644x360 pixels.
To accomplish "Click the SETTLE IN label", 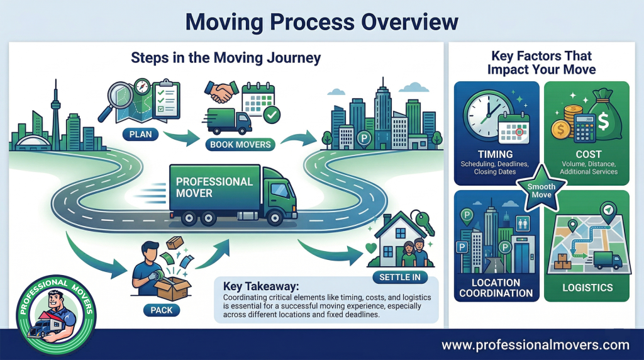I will pyautogui.click(x=399, y=277).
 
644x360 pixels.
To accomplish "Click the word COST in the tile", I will pyautogui.click(x=588, y=154).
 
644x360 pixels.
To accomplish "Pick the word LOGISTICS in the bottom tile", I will pyautogui.click(x=588, y=288).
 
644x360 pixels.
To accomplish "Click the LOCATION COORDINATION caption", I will pyautogui.click(x=496, y=288).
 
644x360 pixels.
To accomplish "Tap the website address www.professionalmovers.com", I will pyautogui.click(x=535, y=345).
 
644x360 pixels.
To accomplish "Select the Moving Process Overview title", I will pyautogui.click(x=322, y=22).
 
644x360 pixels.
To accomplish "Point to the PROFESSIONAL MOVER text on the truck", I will pyautogui.click(x=205, y=187).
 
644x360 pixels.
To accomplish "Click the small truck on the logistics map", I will pyautogui.click(x=607, y=259).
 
